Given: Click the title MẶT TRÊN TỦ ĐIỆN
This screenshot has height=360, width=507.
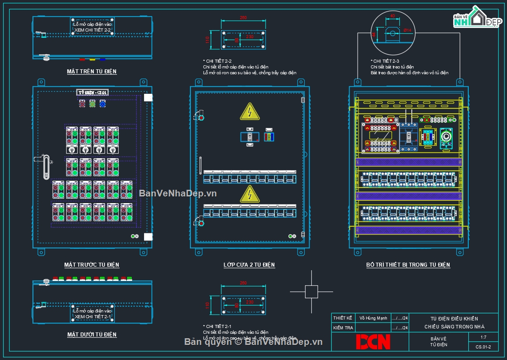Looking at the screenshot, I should (x=92, y=71).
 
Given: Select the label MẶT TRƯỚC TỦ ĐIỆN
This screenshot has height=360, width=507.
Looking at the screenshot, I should (x=92, y=264).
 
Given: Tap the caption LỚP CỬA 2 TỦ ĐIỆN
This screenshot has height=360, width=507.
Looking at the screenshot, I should (x=249, y=264).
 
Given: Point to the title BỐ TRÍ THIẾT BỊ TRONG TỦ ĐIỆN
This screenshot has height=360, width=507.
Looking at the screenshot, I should (x=408, y=264).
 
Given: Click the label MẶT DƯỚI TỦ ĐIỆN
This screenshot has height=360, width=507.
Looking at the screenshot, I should (x=92, y=334).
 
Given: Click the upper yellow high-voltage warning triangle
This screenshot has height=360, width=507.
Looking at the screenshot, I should (x=249, y=112).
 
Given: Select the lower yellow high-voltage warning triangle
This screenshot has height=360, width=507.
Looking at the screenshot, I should (x=249, y=194).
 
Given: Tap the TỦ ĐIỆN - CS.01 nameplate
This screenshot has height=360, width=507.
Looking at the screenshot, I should (x=93, y=92).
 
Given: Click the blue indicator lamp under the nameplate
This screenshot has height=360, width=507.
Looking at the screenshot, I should (x=102, y=104).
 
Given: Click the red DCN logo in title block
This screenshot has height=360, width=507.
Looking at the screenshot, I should (x=373, y=341).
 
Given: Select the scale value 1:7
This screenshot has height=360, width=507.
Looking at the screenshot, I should (x=483, y=338).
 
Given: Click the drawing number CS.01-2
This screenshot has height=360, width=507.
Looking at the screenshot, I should (x=483, y=347).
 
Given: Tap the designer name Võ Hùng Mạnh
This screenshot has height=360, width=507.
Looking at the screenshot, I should (x=374, y=318).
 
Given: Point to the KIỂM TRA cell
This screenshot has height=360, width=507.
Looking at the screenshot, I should (x=343, y=328).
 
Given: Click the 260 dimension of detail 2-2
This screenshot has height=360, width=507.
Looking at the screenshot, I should (x=243, y=18).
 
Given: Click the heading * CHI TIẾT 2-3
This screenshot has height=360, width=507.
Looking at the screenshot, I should (x=385, y=61).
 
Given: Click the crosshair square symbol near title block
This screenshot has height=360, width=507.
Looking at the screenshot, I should (x=311, y=292).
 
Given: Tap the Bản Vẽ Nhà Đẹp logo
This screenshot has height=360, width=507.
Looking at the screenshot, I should (x=475, y=18).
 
